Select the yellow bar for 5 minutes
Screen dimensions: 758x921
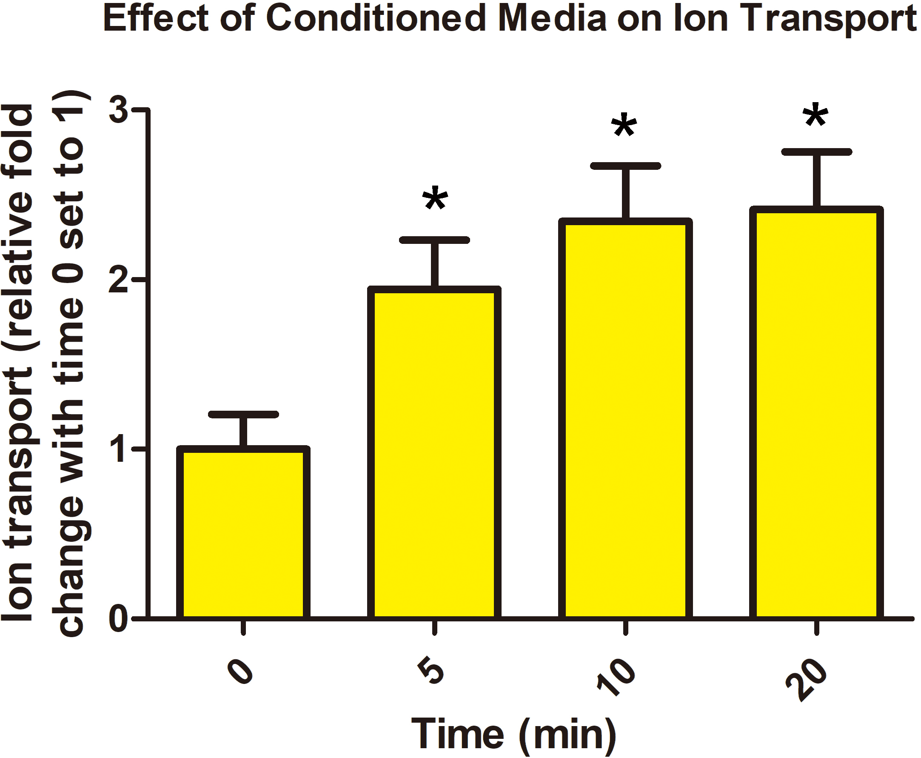pos(434,454)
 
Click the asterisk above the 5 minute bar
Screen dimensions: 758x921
pos(435,199)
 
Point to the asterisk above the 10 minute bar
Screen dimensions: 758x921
pos(624,126)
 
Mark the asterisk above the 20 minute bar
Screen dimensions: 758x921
pos(815,116)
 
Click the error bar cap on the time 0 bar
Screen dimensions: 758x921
pos(243,415)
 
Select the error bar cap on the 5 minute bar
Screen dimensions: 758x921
pos(434,240)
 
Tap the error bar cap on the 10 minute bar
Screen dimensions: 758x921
pos(625,166)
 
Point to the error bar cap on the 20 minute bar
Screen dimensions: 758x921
pos(816,152)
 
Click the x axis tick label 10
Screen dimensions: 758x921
pos(616,676)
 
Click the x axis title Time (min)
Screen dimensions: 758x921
pos(513,734)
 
